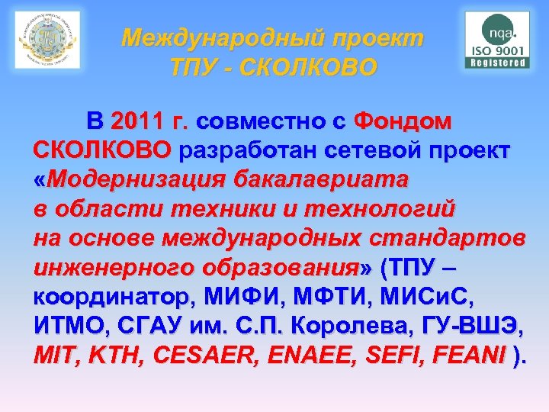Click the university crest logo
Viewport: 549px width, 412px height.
click(47, 40)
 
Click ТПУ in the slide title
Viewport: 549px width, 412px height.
click(195, 68)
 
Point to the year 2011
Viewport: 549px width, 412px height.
click(136, 121)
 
